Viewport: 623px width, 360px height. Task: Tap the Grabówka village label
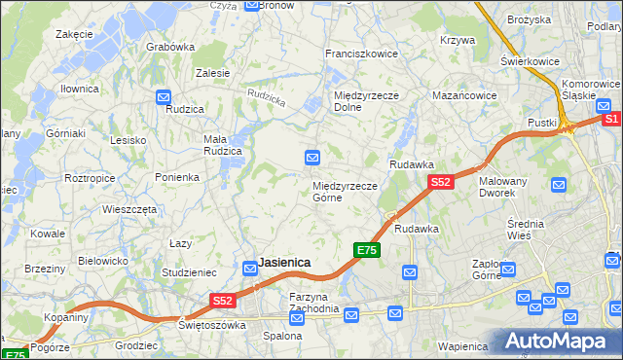pyautogui.click(x=170, y=46)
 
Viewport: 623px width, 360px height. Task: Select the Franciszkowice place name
pyautogui.click(x=361, y=54)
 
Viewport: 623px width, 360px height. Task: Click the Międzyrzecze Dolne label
pyautogui.click(x=361, y=101)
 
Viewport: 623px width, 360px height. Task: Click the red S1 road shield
pyautogui.click(x=611, y=119)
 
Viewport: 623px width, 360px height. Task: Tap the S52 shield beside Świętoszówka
pyautogui.click(x=223, y=302)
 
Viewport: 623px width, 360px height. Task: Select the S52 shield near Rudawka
pyautogui.click(x=441, y=182)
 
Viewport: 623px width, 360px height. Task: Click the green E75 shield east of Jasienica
pyautogui.click(x=365, y=250)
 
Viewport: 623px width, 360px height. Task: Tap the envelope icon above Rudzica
pyautogui.click(x=164, y=96)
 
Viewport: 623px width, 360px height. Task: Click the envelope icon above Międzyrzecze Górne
pyautogui.click(x=312, y=157)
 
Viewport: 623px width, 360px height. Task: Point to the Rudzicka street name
pyautogui.click(x=267, y=96)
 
